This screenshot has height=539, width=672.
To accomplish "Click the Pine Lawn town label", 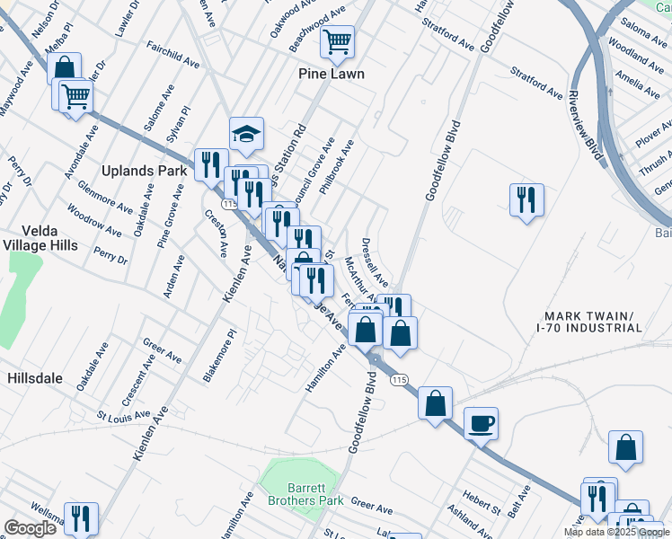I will point(332,74).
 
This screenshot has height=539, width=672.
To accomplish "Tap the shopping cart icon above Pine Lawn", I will point(337,40).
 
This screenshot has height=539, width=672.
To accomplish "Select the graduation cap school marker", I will point(246,134).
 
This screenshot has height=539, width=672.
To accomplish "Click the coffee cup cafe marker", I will point(482,422).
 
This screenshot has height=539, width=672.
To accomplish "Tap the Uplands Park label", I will point(144,170).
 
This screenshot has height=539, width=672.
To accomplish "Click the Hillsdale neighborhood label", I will point(35,378).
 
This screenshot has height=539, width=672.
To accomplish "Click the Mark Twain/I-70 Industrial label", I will point(589,322).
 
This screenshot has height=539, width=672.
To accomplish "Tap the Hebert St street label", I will point(482,503).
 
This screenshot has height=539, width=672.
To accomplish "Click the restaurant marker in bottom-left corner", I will point(81,518).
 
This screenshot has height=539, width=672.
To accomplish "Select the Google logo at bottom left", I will point(30,528).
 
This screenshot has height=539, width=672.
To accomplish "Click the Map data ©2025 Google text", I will point(615,533).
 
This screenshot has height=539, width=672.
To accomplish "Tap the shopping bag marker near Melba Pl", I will point(64,67).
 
